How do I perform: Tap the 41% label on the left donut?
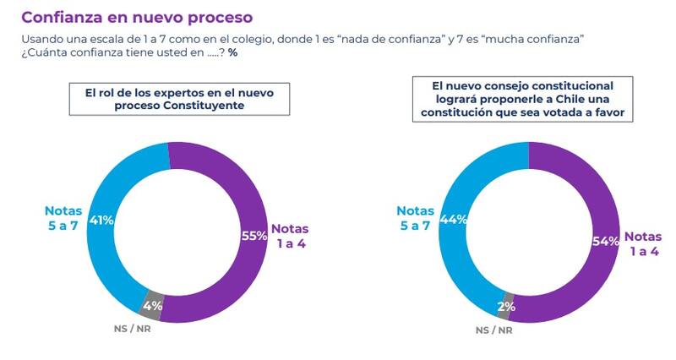pos(101,221)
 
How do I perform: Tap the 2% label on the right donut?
pos(507,307)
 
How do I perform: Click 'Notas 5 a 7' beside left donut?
pos(64,218)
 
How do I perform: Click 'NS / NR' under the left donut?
pos(128,327)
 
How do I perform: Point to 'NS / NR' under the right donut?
pos(494,330)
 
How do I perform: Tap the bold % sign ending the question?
pos(232,52)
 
